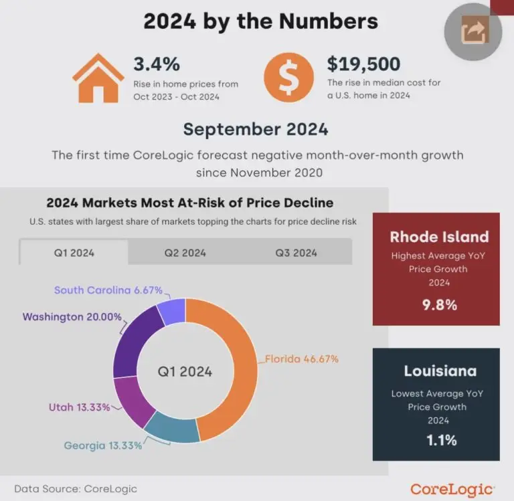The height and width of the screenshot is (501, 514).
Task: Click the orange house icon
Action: (98, 78)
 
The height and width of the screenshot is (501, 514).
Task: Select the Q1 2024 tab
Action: (74, 252)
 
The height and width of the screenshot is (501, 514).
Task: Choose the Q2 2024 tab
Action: (185, 252)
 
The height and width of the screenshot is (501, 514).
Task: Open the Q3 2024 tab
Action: (296, 252)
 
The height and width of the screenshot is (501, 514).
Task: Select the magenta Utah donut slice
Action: (133, 401)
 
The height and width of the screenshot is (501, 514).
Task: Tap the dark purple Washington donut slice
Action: (134, 341)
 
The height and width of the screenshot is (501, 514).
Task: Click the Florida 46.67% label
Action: (303, 359)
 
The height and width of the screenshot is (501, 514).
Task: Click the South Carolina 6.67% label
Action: (107, 290)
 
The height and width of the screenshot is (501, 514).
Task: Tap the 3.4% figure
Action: (156, 65)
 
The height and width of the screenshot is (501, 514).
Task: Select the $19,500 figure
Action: (363, 64)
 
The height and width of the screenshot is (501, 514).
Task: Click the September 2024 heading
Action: (256, 128)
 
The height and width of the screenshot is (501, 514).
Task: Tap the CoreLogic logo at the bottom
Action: (452, 490)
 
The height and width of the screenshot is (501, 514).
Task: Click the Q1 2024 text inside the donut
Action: (185, 371)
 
